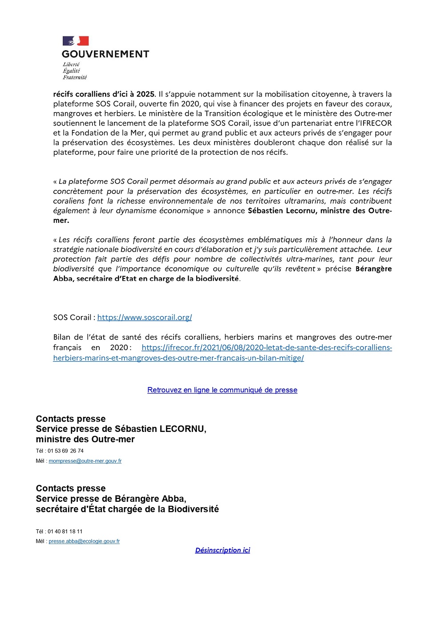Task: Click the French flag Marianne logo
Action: coord(76,41)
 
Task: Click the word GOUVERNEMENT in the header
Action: coord(105,54)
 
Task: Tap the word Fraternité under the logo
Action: coord(75,77)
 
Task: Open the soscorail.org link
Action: coord(145,318)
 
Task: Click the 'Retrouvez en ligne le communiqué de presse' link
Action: coord(222,390)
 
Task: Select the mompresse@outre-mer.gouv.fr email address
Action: coord(85,461)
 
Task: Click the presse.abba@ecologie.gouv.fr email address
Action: coord(84,541)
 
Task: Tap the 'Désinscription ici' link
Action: coord(222,550)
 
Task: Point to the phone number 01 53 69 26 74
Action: coord(65,451)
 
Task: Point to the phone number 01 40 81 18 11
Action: coord(65,532)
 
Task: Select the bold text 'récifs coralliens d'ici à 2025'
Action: coord(104,94)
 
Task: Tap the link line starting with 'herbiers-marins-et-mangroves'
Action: coord(178,358)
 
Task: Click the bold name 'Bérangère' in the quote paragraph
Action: coord(373,269)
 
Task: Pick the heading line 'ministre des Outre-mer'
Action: coord(85,439)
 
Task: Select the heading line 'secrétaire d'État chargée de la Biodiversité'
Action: coord(127,509)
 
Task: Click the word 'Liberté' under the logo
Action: coord(71,65)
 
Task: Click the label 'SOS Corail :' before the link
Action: coord(74,318)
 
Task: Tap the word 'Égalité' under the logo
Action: coord(71,71)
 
